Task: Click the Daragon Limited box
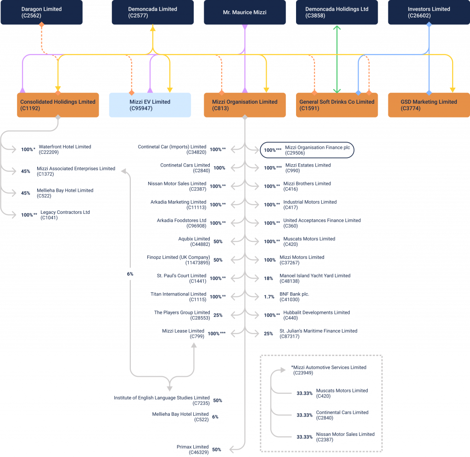pyautogui.click(x=41, y=12)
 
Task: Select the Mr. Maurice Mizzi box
pyautogui.click(x=245, y=12)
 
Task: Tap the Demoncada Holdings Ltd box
pyautogui.click(x=337, y=12)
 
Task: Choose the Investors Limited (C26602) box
pyautogui.click(x=429, y=12)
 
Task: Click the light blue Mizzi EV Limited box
pyautogui.click(x=150, y=105)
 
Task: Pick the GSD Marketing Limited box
pyautogui.click(x=429, y=105)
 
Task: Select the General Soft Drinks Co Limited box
pyautogui.click(x=337, y=105)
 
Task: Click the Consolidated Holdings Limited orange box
pyautogui.click(x=58, y=105)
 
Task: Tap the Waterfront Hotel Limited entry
pyautogui.click(x=64, y=150)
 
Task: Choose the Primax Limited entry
pyautogui.click(x=192, y=450)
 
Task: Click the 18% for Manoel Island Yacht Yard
pyautogui.click(x=269, y=279)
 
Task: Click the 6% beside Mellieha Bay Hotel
pyautogui.click(x=215, y=417)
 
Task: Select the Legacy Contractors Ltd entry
pyautogui.click(x=64, y=215)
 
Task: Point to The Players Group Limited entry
pyautogui.click(x=182, y=315)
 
